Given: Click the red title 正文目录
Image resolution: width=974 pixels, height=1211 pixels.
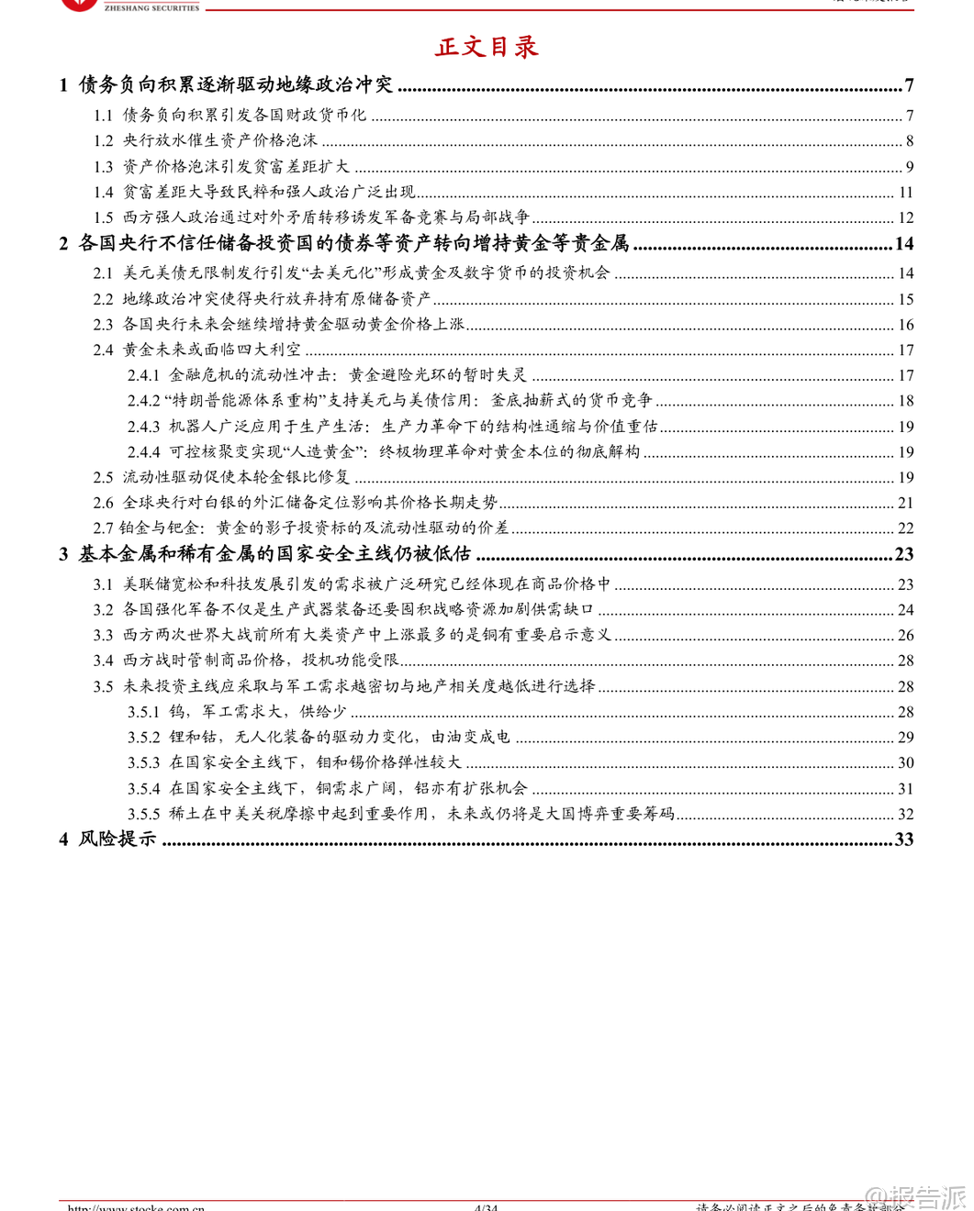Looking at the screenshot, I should coord(487,47).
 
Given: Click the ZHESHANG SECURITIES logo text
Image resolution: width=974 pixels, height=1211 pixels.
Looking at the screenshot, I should coord(151,7).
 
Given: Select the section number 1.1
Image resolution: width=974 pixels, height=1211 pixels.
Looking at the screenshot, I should coord(103,116).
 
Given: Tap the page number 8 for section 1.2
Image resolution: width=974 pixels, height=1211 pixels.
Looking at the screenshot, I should coord(909,141).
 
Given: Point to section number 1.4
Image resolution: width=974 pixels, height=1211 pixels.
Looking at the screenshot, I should coord(103,193).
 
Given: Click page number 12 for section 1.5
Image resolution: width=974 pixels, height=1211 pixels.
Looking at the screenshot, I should coord(905,218).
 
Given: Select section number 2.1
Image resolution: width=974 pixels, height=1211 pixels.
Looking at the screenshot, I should coord(103,273).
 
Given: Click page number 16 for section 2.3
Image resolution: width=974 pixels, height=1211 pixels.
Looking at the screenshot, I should coord(905,325).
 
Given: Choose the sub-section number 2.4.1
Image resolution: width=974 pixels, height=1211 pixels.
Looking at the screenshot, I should coord(143,375).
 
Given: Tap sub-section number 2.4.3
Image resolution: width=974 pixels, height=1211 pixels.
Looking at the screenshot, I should coord(143,427).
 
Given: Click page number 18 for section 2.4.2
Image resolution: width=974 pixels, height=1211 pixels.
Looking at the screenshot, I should coord(905,401).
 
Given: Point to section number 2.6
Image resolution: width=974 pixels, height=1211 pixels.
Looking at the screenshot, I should coord(103,503).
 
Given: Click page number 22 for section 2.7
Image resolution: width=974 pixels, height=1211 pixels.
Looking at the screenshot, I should coord(905,528).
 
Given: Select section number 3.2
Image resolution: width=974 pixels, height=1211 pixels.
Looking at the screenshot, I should coord(103,610).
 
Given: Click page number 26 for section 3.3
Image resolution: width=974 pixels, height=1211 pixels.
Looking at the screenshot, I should coord(905,636).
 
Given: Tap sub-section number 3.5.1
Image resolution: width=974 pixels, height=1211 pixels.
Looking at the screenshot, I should coord(143,712).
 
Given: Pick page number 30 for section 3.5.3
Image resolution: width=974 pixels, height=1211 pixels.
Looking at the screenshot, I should coord(905,763).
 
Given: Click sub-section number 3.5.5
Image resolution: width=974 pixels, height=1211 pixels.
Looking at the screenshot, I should coord(143,814).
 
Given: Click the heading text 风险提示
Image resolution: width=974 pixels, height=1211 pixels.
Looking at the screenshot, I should coord(118,839).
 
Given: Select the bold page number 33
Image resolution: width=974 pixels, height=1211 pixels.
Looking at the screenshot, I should coord(903,839).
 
